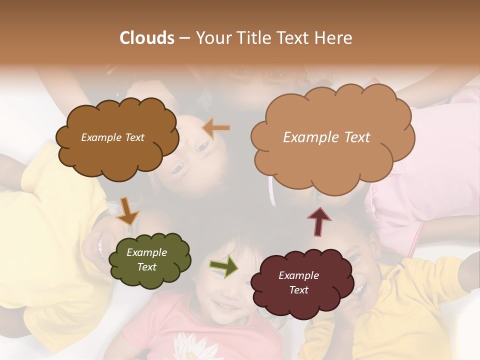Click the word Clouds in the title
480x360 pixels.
pos(146,38)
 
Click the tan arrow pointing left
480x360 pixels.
pos(216,128)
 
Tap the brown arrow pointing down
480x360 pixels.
pos(127,211)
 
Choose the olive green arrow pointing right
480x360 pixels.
pos(223,266)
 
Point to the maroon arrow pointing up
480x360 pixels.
pos(319,221)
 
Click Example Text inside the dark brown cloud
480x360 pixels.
pos(112,137)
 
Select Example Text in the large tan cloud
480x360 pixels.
pos(326,137)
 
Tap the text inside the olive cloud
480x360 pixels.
pos(146,259)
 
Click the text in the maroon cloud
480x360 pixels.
pos(298,282)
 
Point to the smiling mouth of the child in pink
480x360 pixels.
pos(228,305)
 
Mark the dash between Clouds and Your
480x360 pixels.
pos(184,38)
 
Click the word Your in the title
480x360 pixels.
pos(211,38)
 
